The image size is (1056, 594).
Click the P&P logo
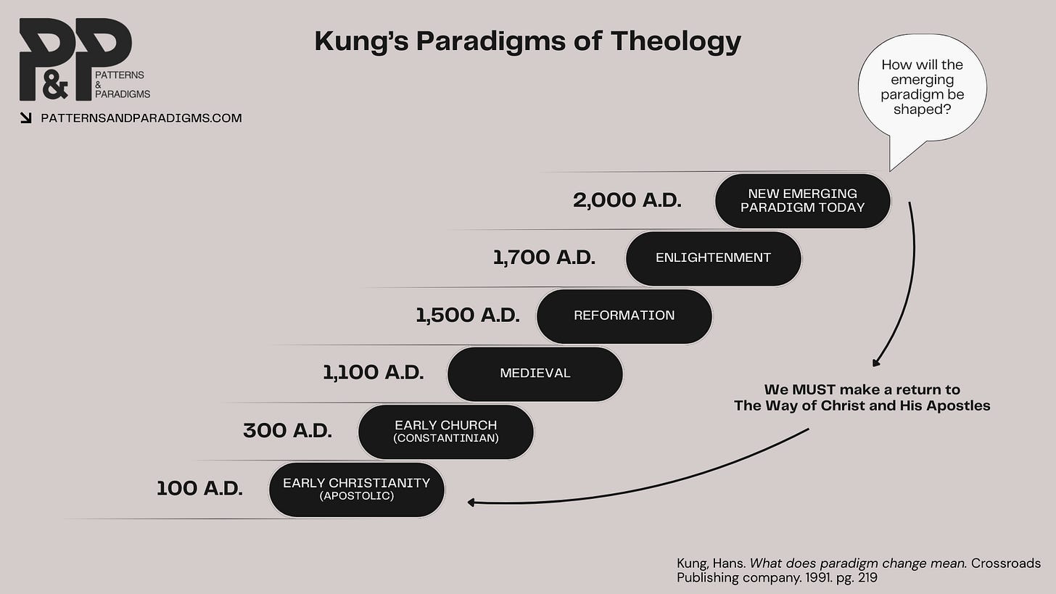point(75,59)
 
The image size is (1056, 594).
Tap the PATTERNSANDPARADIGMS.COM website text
point(141,118)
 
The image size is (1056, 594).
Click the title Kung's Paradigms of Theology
point(527,41)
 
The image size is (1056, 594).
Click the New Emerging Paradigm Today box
point(802,201)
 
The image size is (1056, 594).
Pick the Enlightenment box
point(713,258)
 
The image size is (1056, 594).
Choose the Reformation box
point(624,315)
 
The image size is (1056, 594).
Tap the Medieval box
point(535,374)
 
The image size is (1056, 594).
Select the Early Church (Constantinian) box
point(445,431)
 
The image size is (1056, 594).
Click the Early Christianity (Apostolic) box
point(356,489)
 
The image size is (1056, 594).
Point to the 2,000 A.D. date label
point(627,200)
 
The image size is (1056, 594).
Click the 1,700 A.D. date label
point(544,257)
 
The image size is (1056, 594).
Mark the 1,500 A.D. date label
point(467,315)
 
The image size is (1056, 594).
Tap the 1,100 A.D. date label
point(373,372)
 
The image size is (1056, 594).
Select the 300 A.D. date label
point(287,430)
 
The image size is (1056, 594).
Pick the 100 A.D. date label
point(199,488)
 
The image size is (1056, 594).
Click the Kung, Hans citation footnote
point(858,570)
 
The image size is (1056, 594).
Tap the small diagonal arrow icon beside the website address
point(26,118)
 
